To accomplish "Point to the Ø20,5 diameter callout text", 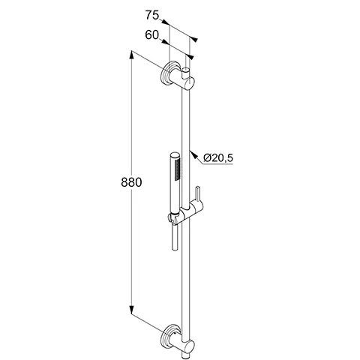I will [218, 157].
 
